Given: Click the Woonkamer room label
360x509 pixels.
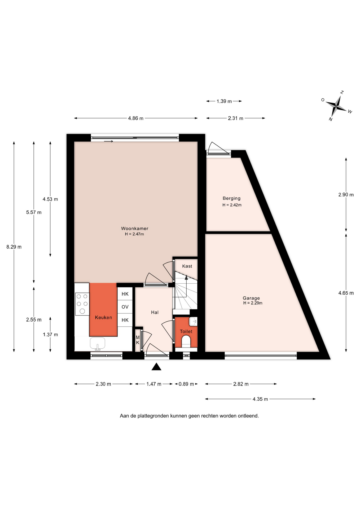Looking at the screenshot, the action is pyautogui.click(x=135, y=228).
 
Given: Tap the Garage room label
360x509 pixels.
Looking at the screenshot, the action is pyautogui.click(x=251, y=298).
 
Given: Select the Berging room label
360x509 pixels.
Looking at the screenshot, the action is pyautogui.click(x=231, y=198).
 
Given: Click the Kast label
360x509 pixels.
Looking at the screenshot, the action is pyautogui.click(x=187, y=266).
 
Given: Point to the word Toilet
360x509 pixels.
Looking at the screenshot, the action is pyautogui.click(x=186, y=331).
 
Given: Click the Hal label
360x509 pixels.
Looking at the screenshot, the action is pyautogui.click(x=155, y=312).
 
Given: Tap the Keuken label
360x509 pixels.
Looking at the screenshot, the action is pyautogui.click(x=103, y=317).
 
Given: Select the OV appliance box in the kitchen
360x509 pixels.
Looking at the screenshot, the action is pyautogui.click(x=125, y=307).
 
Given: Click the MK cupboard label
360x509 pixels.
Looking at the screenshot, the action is pyautogui.click(x=138, y=340).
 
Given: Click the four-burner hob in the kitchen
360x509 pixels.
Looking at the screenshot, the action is pyautogui.click(x=82, y=304).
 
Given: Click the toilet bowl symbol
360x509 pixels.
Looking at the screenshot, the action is pyautogui.click(x=186, y=341).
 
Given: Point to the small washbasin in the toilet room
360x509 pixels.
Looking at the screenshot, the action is pyautogui.click(x=193, y=322).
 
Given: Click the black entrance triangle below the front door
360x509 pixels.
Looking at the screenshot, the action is pyautogui.click(x=156, y=367).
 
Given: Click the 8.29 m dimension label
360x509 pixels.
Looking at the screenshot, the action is pyautogui.click(x=14, y=247).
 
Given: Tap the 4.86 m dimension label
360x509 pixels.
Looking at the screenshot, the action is pyautogui.click(x=136, y=118).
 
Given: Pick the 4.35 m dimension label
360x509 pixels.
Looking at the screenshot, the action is pyautogui.click(x=260, y=399).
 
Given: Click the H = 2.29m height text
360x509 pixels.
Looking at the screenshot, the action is pyautogui.click(x=253, y=303).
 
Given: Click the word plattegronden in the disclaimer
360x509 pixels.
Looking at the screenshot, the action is pyautogui.click(x=153, y=416).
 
